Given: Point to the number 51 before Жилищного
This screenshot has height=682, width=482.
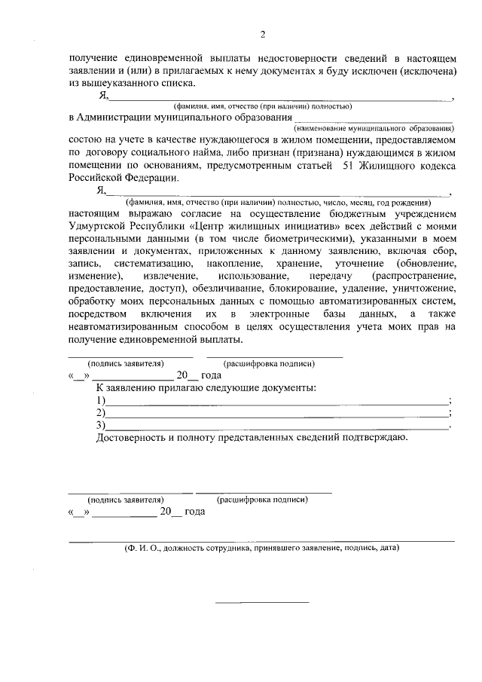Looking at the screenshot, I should [349, 166].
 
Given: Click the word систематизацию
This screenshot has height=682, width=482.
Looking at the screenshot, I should [156, 264].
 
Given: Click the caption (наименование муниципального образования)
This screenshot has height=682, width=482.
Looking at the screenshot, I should [373, 129].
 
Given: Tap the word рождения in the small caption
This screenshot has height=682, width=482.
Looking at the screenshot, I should [412, 203].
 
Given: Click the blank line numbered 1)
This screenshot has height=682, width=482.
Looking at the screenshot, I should [276, 402].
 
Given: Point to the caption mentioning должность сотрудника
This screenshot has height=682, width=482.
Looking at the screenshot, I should [261, 549].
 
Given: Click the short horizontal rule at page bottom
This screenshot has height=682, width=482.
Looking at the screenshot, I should [262, 603].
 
